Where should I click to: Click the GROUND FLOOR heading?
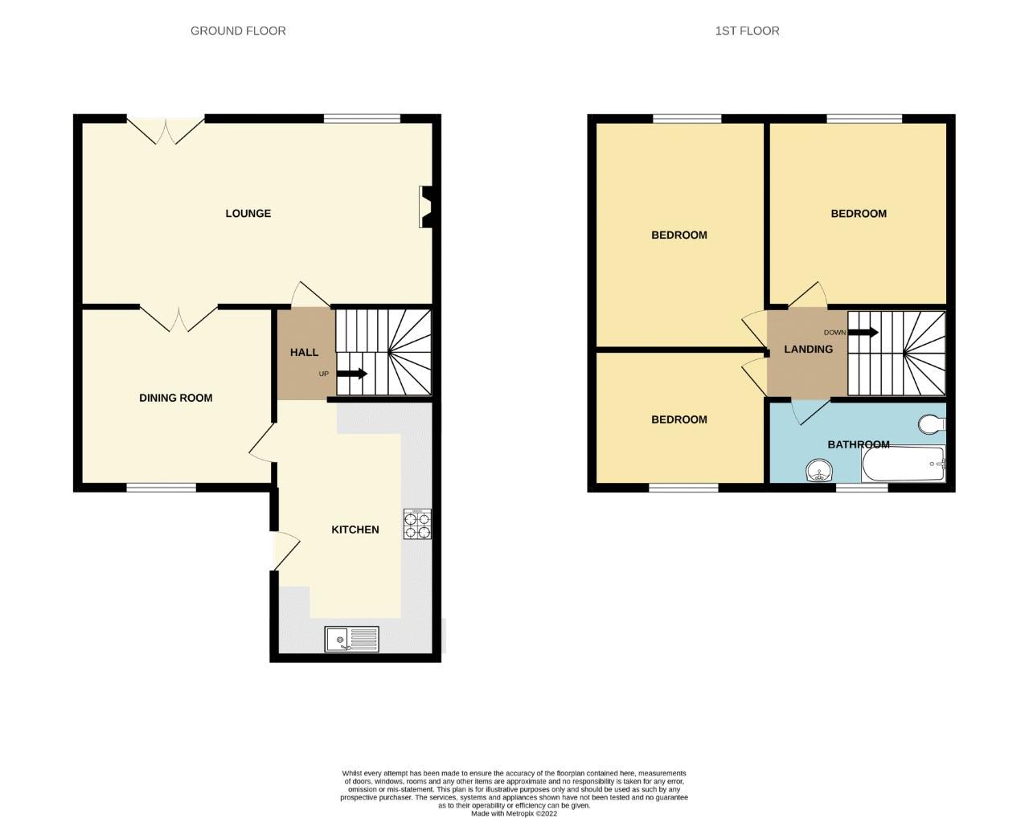pyautogui.click(x=238, y=31)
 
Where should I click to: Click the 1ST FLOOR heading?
pyautogui.click(x=747, y=31)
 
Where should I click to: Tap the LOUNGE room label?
pyautogui.click(x=248, y=214)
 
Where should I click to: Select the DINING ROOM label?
pyautogui.click(x=176, y=398)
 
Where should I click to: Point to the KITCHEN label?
pyautogui.click(x=355, y=530)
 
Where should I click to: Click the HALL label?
pyautogui.click(x=304, y=352)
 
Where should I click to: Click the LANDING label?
pyautogui.click(x=808, y=349)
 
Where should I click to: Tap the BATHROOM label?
pyautogui.click(x=858, y=444)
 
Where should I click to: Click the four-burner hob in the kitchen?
pyautogui.click(x=417, y=524)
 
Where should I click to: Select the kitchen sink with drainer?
pyautogui.click(x=352, y=640)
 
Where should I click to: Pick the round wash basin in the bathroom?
pyautogui.click(x=819, y=469)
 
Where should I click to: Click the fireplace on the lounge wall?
pyautogui.click(x=426, y=207)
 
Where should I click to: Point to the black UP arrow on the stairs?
pyautogui.click(x=351, y=374)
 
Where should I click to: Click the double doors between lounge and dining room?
pyautogui.click(x=178, y=318)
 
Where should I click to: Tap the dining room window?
pyautogui.click(x=162, y=487)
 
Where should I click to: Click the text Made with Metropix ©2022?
pyautogui.click(x=514, y=813)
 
